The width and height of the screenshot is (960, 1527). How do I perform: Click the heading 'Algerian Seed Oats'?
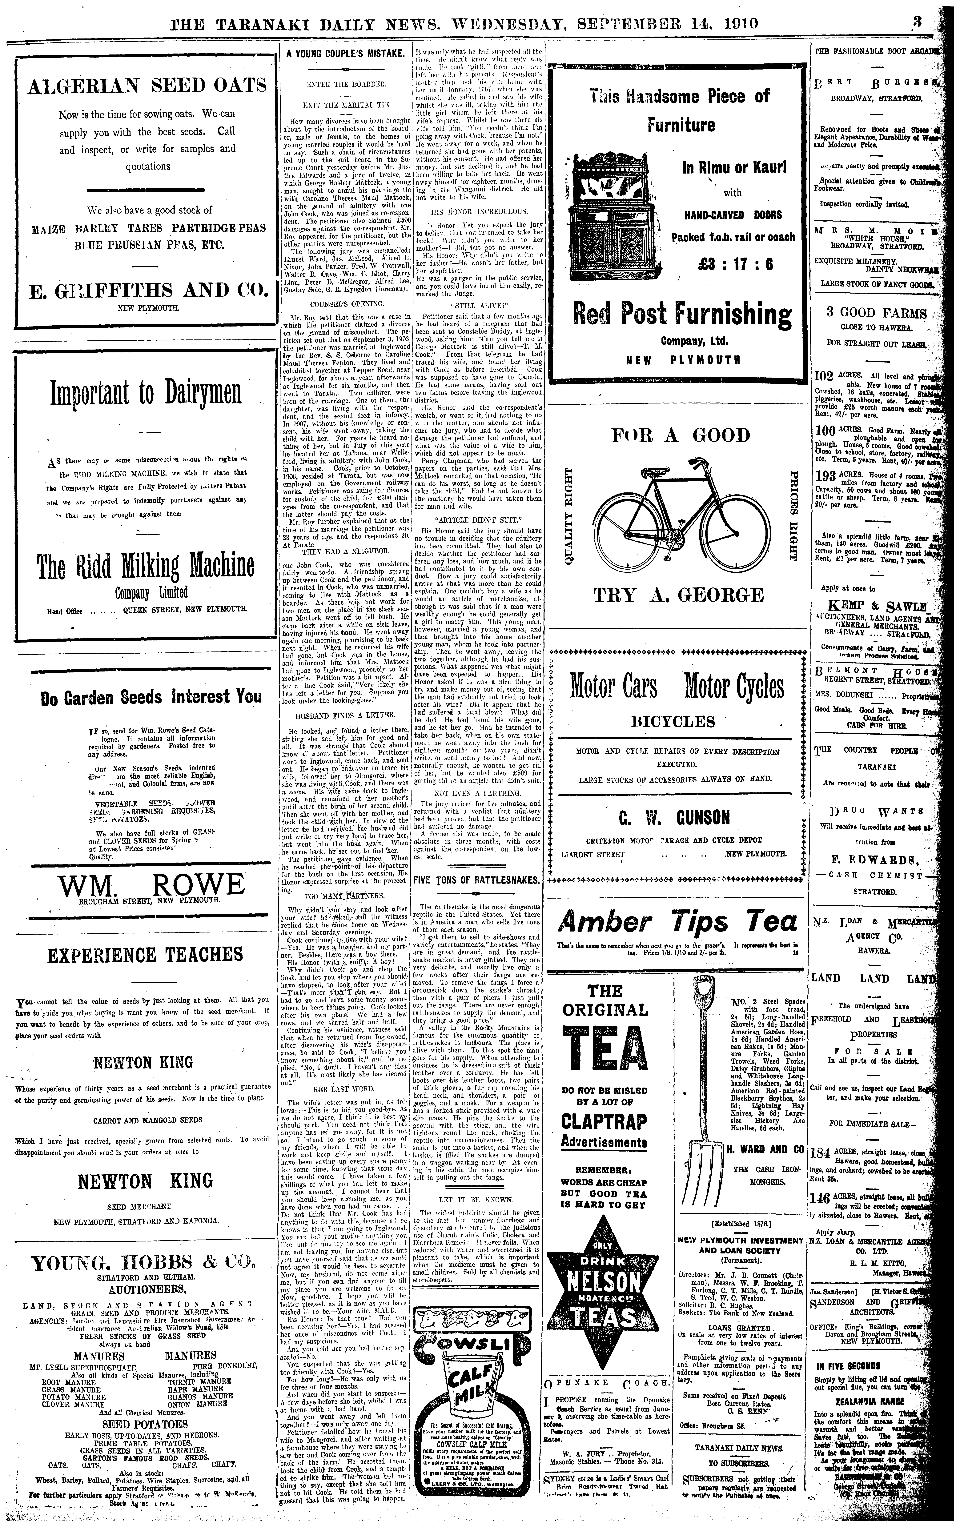click(x=147, y=86)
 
